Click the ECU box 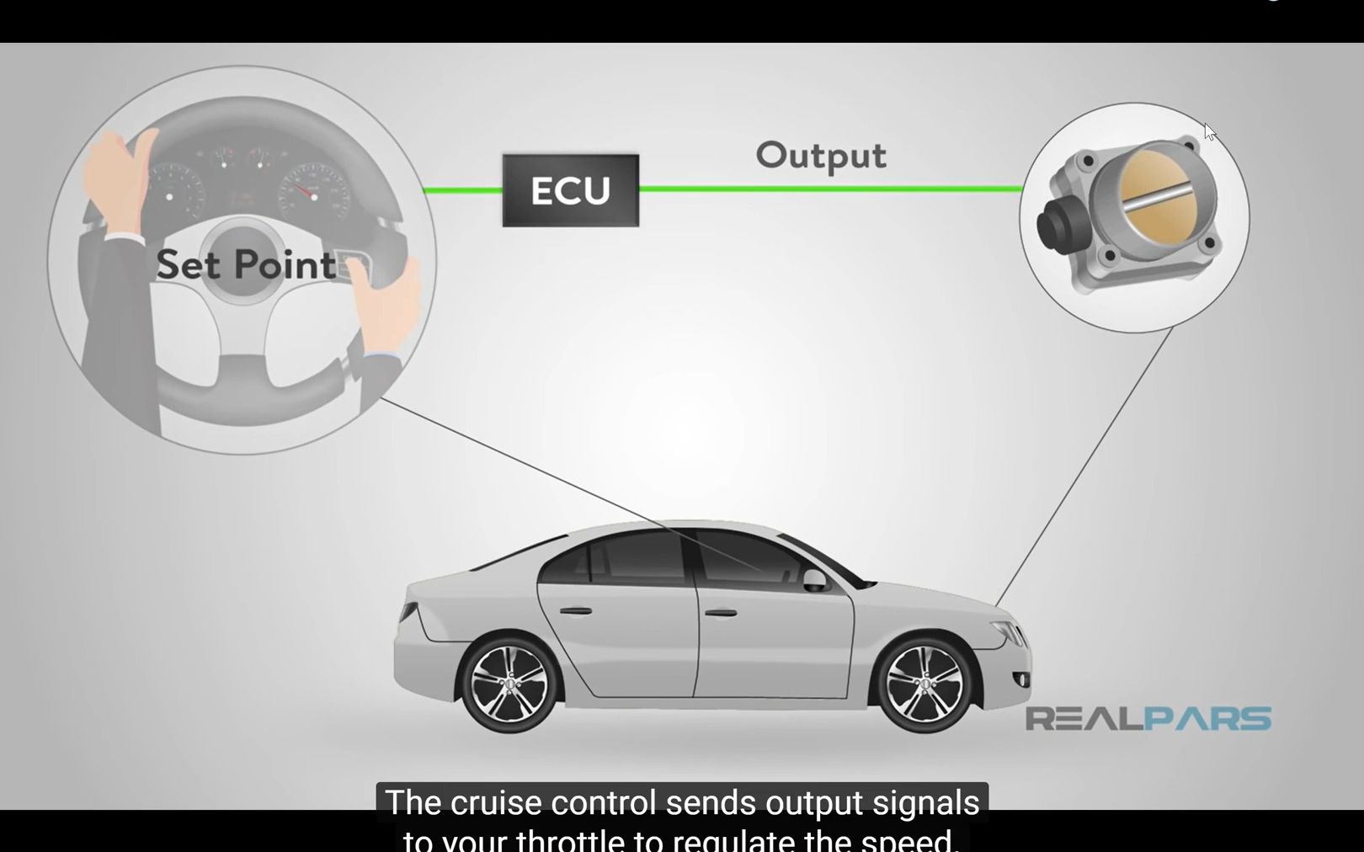[570, 190]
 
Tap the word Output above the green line [821, 156]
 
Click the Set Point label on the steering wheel [246, 265]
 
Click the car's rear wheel [509, 684]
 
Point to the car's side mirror [814, 580]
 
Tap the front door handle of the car [721, 613]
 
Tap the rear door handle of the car [575, 610]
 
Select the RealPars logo [1148, 719]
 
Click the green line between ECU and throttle [829, 189]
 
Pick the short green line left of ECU [462, 190]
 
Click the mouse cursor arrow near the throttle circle [1209, 132]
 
